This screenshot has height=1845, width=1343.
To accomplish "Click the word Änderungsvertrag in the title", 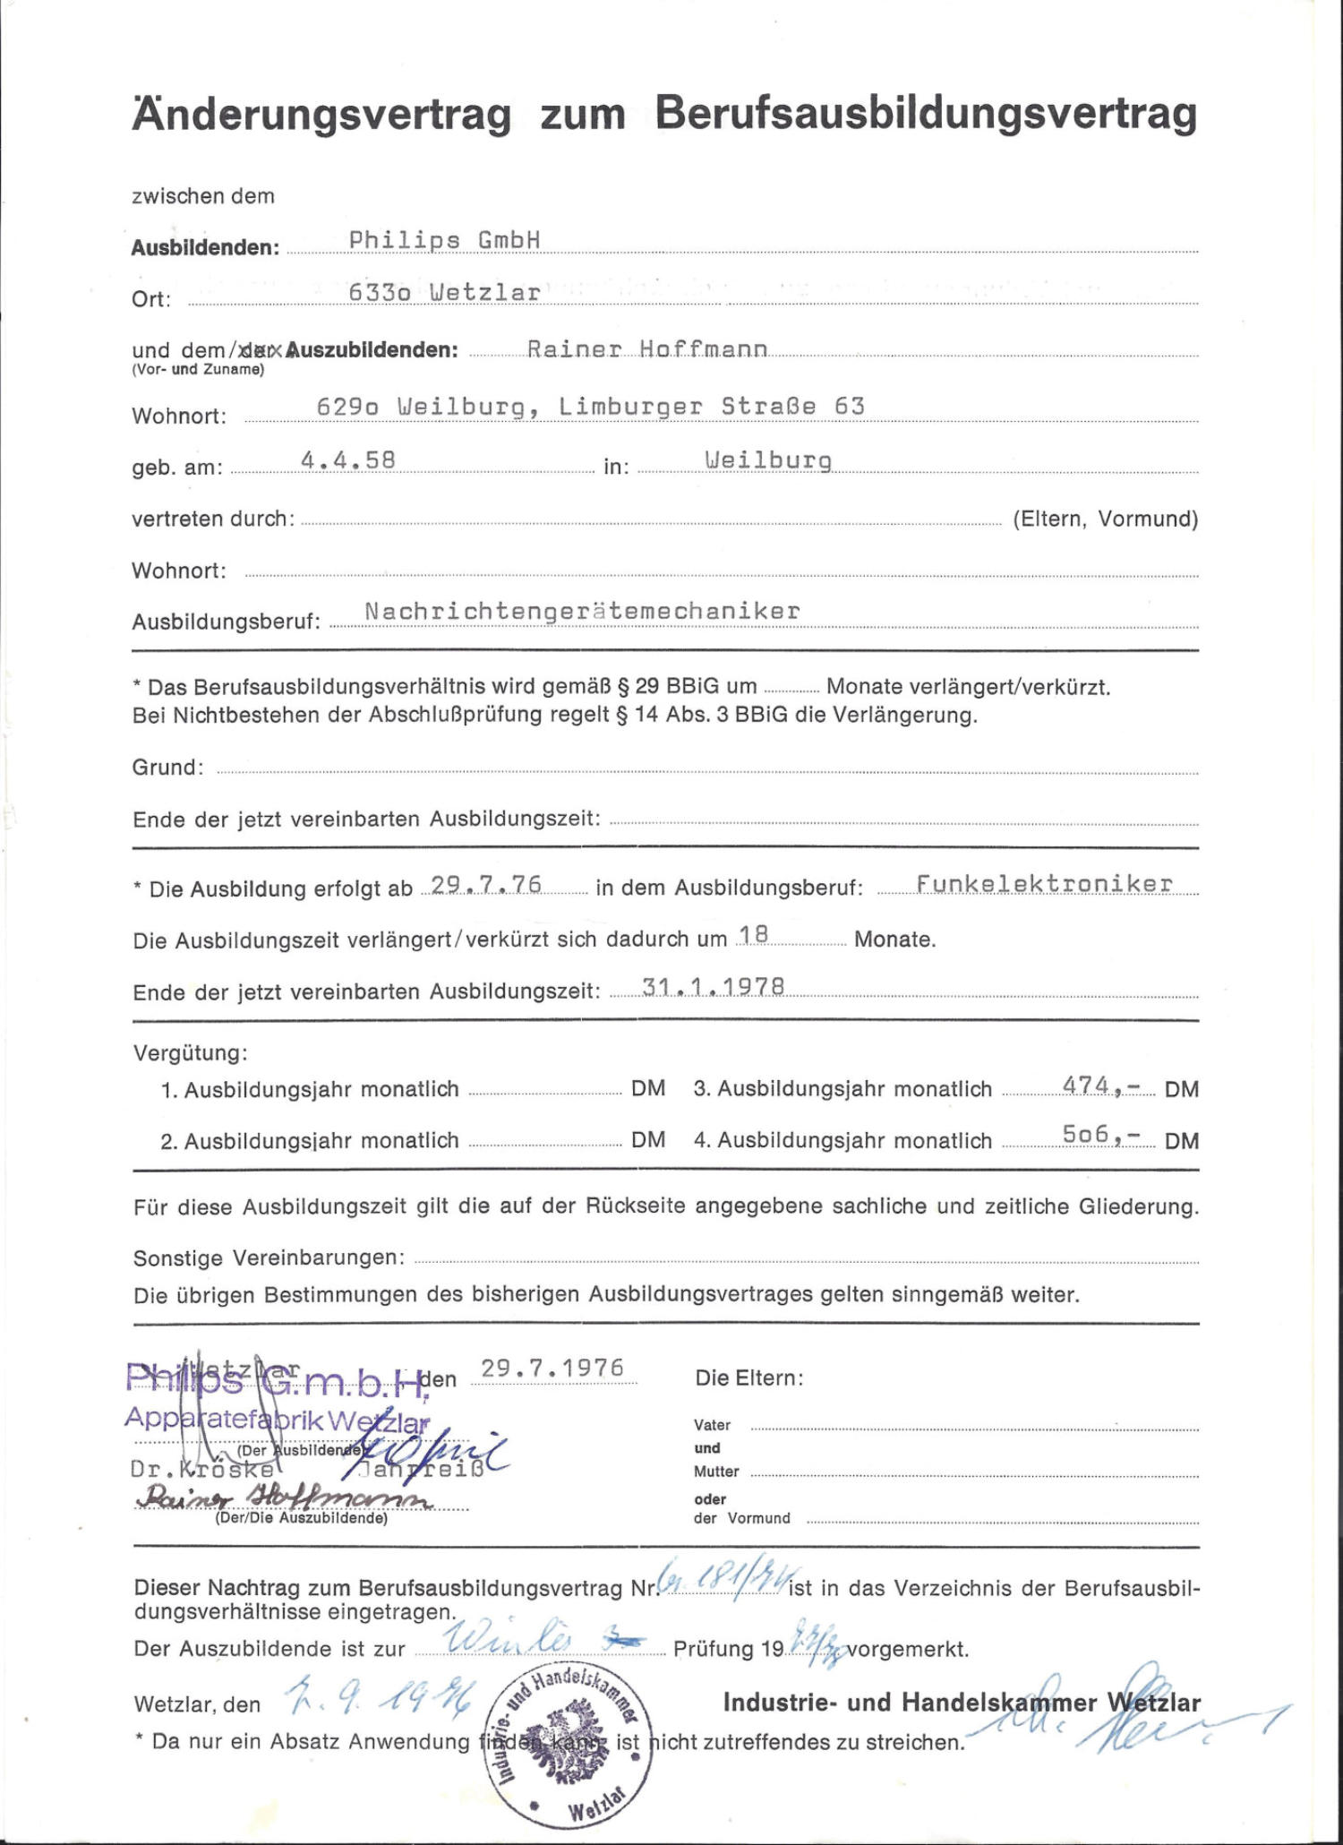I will click(x=322, y=116).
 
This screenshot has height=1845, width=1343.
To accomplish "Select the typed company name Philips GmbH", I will click(x=444, y=240).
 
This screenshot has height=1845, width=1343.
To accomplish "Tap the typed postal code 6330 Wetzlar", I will click(x=444, y=293).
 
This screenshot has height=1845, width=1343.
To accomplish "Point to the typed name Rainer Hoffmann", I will click(x=646, y=349).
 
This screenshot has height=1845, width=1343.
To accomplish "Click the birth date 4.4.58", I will click(x=347, y=460).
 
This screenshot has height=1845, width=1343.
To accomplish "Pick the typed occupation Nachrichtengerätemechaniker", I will click(x=582, y=612).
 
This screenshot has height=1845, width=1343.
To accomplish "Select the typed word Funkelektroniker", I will click(x=1044, y=884).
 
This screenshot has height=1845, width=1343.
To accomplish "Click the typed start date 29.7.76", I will click(x=486, y=885).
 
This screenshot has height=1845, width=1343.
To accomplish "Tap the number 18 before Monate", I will click(x=754, y=935).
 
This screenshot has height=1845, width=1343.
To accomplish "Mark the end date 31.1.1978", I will click(x=714, y=987).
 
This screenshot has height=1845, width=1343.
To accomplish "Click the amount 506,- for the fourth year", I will click(x=1101, y=1136).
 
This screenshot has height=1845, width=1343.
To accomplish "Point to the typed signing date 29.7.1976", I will click(x=552, y=1369).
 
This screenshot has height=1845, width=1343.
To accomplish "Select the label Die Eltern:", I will click(x=749, y=1378).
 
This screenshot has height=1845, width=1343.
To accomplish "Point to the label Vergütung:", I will click(x=190, y=1052).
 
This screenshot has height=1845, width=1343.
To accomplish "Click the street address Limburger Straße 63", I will click(x=712, y=407).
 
